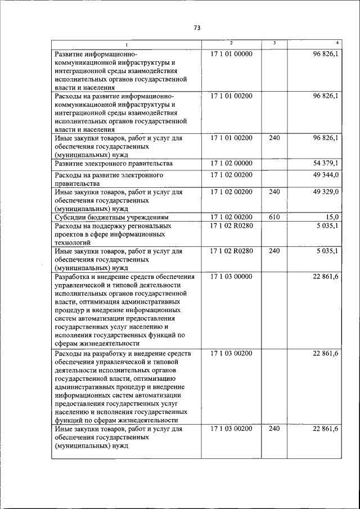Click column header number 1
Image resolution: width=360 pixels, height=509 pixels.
point(127,44)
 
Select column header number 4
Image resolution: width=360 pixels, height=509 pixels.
point(336,43)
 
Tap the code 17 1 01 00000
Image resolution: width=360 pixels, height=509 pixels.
point(231,54)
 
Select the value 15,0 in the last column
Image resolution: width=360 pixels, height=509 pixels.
point(332,217)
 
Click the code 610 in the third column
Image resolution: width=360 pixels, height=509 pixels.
point(274,217)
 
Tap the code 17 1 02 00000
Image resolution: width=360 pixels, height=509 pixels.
point(231,163)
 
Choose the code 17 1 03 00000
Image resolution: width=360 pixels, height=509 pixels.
point(231,277)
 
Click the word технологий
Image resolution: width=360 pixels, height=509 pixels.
point(74,242)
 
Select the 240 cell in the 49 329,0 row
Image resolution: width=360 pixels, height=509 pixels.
point(274,192)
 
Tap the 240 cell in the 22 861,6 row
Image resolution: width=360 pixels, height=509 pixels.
point(274,429)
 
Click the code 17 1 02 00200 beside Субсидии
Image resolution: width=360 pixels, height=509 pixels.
point(231,217)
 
